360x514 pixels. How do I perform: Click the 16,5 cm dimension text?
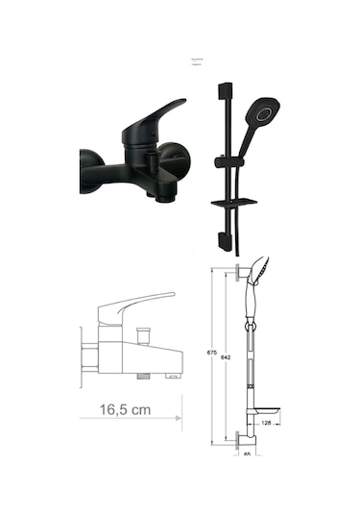tap(126, 410)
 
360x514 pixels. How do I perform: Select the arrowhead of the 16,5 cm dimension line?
tap(178, 417)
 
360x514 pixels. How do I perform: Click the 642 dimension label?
tap(227, 357)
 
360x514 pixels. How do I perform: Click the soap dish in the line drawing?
tap(261, 408)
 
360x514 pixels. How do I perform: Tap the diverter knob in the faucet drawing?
tap(143, 332)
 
